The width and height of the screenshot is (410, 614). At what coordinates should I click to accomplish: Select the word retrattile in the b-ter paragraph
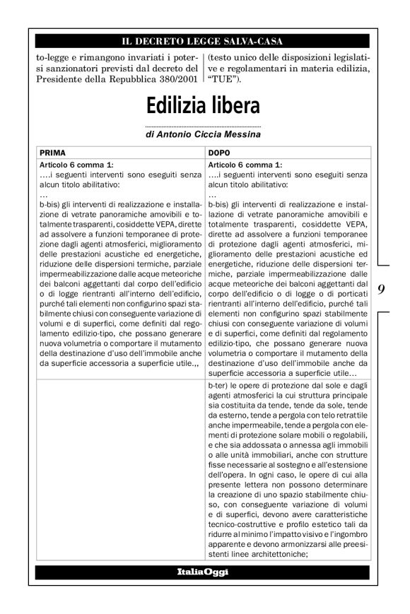[x=346, y=417]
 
